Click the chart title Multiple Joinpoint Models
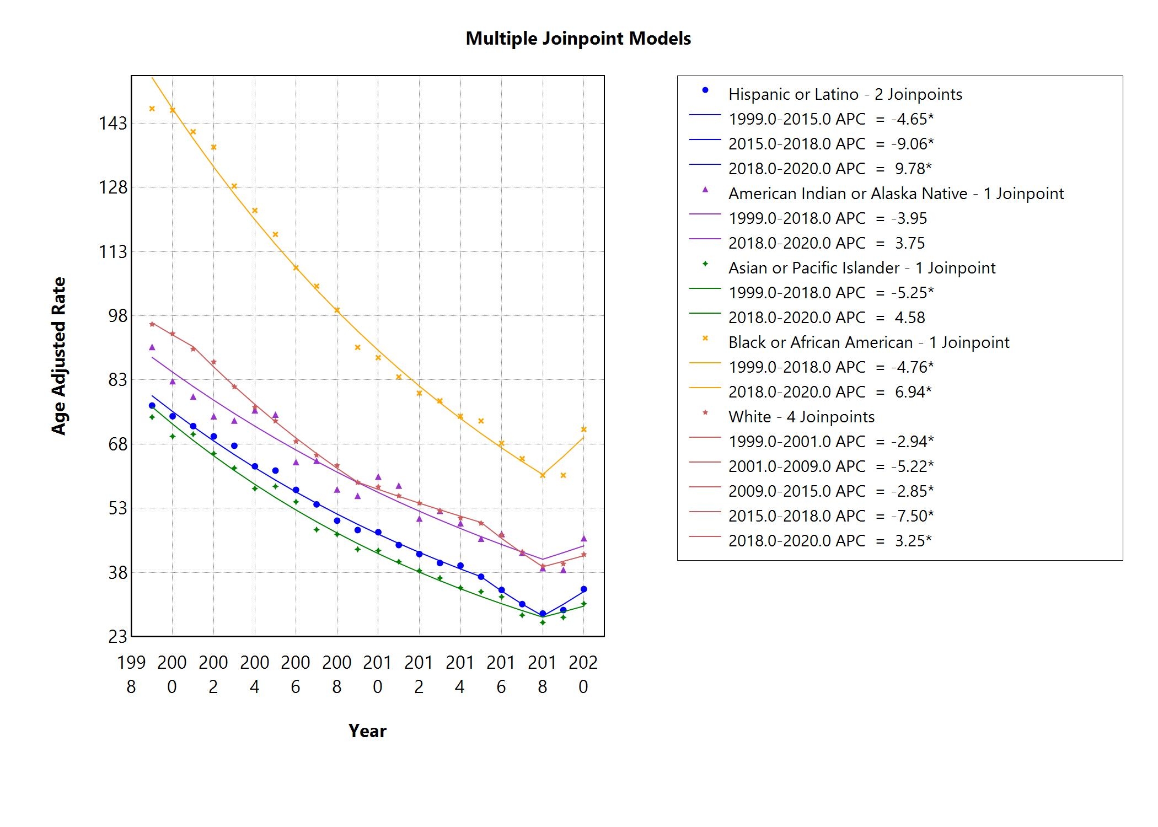tap(578, 39)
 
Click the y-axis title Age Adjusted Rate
tap(58, 356)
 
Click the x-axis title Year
tap(367, 731)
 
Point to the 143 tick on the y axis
tap(113, 123)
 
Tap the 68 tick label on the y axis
tap(113, 444)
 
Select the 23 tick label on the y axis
tap(117, 637)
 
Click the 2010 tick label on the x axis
tap(378, 674)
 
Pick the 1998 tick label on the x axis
tap(131, 674)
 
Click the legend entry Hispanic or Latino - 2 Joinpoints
tap(845, 94)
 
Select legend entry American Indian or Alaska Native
tap(896, 194)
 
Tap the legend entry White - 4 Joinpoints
tap(801, 417)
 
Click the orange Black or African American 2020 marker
tap(584, 429)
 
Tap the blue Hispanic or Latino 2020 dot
tap(584, 589)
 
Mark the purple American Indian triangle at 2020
tap(584, 539)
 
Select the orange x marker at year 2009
tap(357, 347)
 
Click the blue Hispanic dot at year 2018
tap(543, 614)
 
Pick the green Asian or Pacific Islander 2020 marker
tap(584, 604)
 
